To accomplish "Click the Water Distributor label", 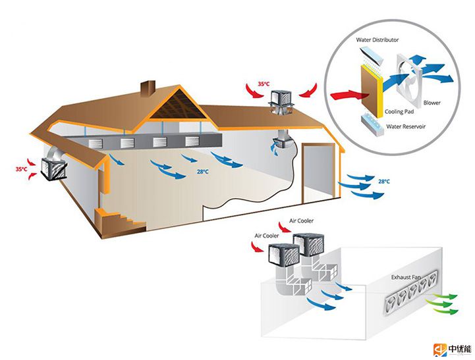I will (377, 40).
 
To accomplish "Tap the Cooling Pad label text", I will (399, 112).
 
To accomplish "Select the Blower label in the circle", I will (432, 103).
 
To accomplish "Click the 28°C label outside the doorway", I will (383, 181).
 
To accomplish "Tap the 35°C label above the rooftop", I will (264, 84).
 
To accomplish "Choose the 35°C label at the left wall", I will (22, 169).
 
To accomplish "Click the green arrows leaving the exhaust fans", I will (441, 305).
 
